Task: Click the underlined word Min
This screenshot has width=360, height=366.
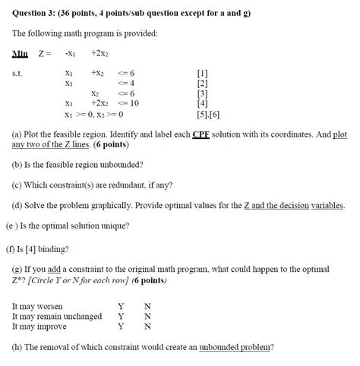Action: pos(20,52)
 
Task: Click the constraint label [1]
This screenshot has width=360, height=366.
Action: pos(201,73)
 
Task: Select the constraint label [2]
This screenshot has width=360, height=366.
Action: pos(201,83)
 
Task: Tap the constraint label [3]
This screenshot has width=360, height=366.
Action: pos(201,93)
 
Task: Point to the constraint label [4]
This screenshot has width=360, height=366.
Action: pos(201,103)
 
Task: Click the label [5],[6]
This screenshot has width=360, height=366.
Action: pos(205,113)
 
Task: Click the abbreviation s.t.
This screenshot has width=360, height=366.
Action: pos(17,73)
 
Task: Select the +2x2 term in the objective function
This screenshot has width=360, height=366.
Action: pos(100,52)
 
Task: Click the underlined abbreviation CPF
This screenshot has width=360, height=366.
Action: pos(201,134)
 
